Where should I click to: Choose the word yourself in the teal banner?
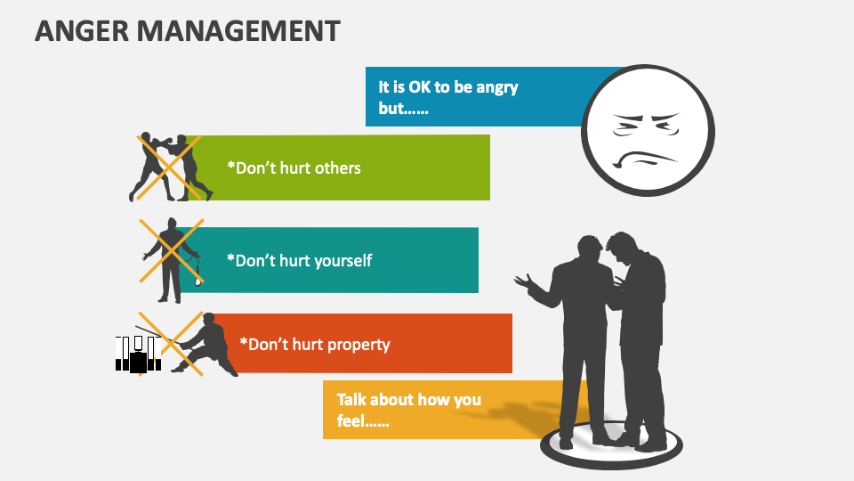(338, 261)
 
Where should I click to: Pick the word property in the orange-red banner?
(357, 344)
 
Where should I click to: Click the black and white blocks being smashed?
(138, 355)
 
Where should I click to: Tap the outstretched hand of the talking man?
(525, 284)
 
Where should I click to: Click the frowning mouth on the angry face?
(647, 160)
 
